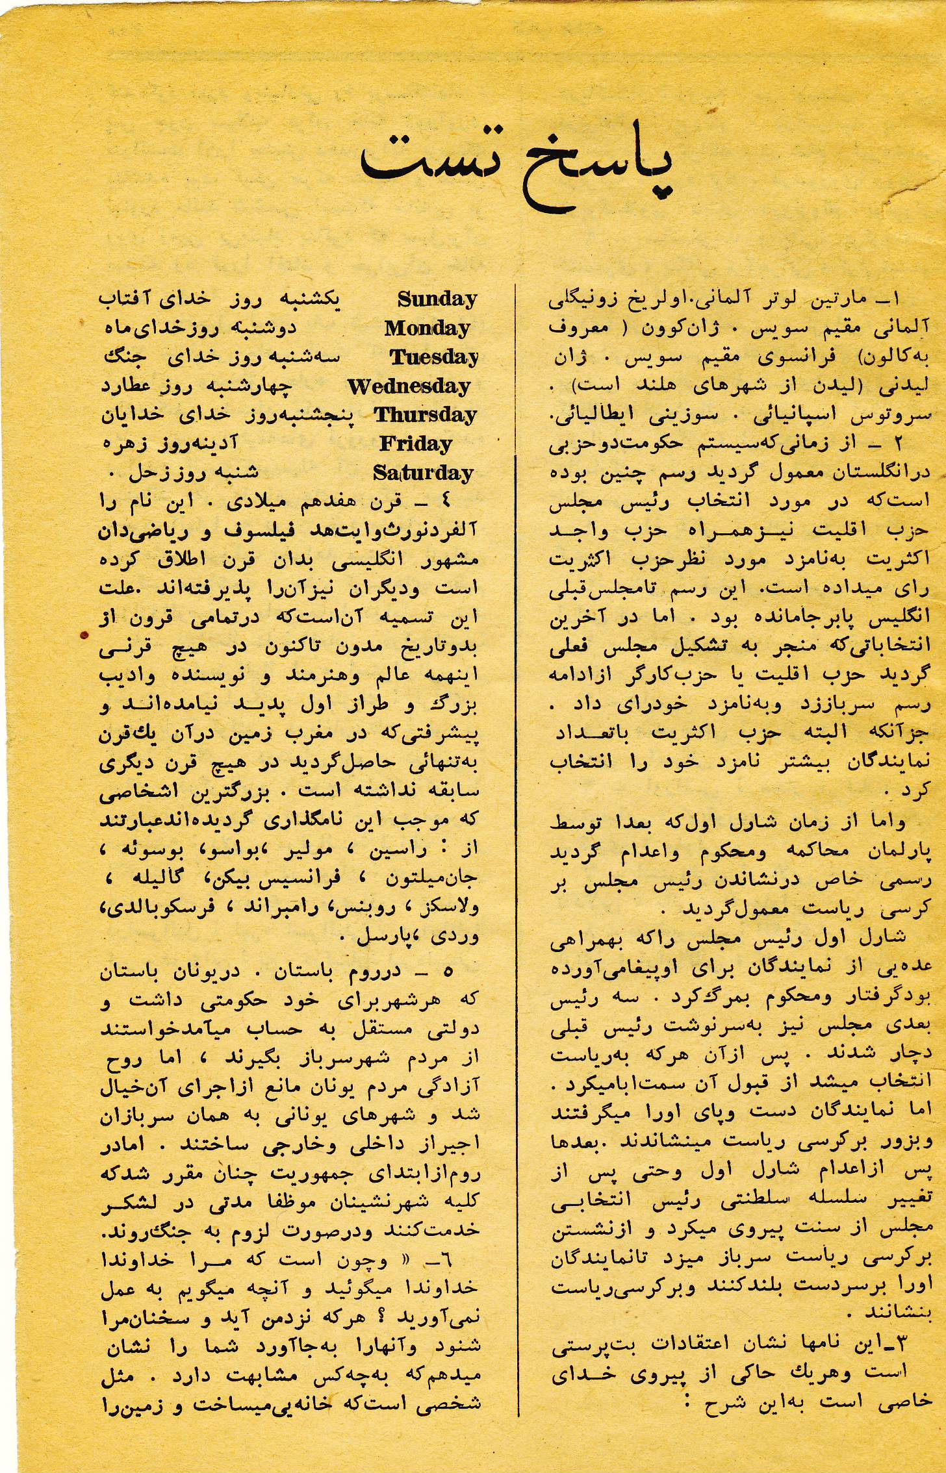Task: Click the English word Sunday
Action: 437,299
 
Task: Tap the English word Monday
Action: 427,329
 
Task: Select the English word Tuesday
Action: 433,357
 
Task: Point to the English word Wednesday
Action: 409,386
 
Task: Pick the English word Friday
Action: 416,444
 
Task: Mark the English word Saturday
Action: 423,473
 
